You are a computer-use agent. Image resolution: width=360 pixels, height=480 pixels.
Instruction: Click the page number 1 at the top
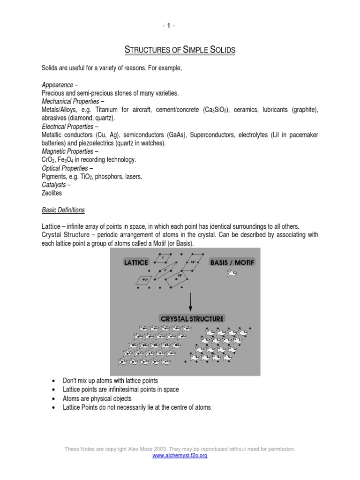pyautogui.click(x=180, y=25)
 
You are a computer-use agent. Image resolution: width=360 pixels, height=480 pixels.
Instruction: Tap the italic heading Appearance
pyautogui.click(x=57, y=85)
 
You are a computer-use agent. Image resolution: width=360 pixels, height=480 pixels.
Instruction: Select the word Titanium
pyautogui.click(x=113, y=110)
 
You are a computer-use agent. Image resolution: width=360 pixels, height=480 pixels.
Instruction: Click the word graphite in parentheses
pyautogui.click(x=303, y=110)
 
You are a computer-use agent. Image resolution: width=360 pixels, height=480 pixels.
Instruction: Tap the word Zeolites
pyautogui.click(x=52, y=193)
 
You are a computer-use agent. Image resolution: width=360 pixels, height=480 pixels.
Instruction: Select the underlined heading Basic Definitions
pyautogui.click(x=63, y=210)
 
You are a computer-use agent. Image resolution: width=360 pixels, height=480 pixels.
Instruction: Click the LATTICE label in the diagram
pyautogui.click(x=136, y=262)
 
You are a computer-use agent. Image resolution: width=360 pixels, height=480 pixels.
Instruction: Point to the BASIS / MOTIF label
pyautogui.click(x=232, y=262)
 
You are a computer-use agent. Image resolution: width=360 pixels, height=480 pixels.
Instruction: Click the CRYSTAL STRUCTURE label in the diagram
pyautogui.click(x=192, y=319)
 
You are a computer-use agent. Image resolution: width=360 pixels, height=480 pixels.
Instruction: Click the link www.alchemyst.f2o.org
pyautogui.click(x=180, y=455)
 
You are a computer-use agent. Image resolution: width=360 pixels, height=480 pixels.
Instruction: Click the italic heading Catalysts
pyautogui.click(x=54, y=185)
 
